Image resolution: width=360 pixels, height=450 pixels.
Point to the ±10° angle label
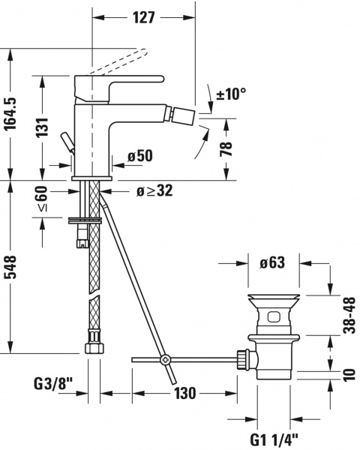click(x=230, y=94)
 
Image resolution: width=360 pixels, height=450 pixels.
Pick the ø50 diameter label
click(x=140, y=156)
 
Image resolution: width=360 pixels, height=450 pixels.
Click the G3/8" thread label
click(x=53, y=385)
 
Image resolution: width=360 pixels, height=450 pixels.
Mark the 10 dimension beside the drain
click(x=349, y=373)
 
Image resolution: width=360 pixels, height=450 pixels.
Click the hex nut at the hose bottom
click(x=95, y=349)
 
